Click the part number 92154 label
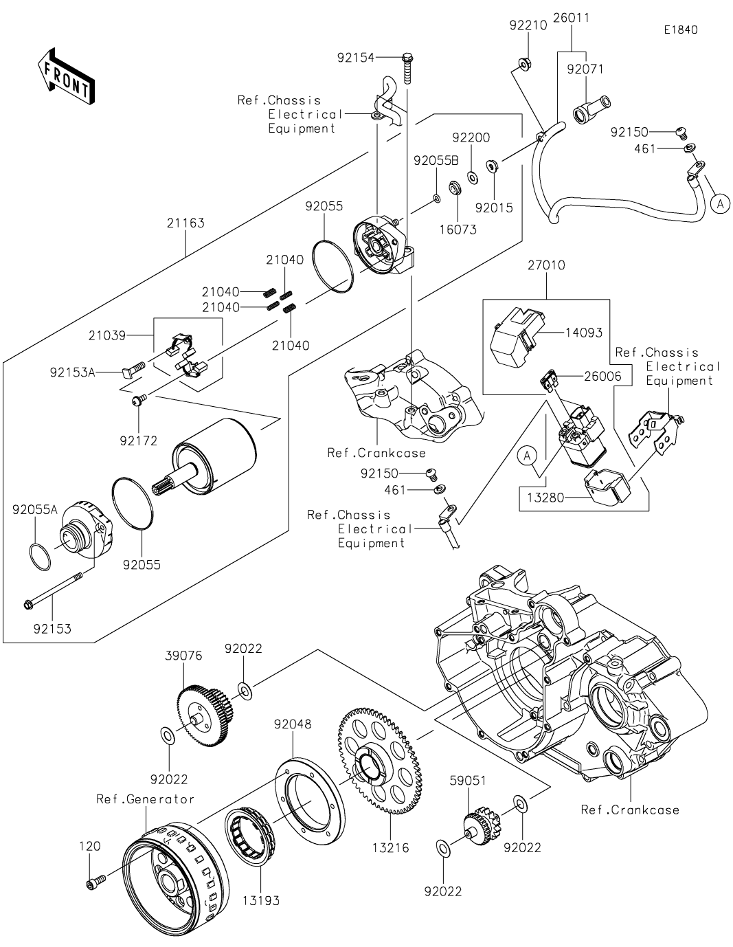point(356,58)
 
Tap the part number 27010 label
point(546,265)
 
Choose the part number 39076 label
point(183,656)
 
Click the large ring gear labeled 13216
point(380,763)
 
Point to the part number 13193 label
point(261,900)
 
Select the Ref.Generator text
point(145,799)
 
